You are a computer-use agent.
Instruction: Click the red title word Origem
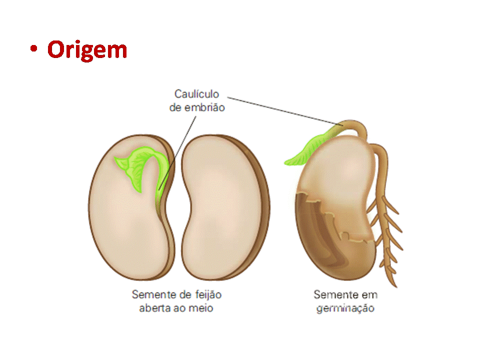click(x=87, y=50)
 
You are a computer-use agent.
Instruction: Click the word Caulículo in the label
click(x=197, y=93)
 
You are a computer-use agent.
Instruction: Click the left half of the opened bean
click(x=125, y=220)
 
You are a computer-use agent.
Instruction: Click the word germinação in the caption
click(x=345, y=308)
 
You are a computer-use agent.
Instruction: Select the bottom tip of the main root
click(x=395, y=285)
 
